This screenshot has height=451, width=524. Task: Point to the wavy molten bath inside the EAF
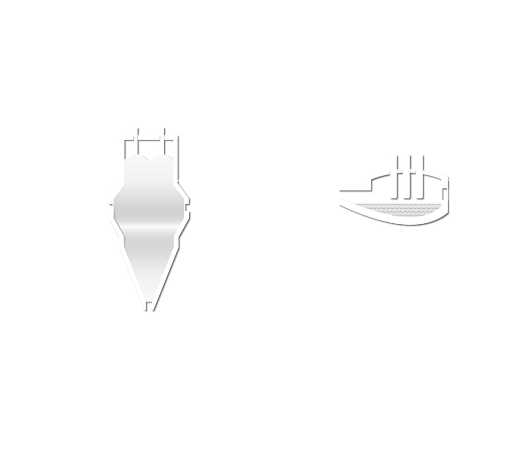[394, 209]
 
